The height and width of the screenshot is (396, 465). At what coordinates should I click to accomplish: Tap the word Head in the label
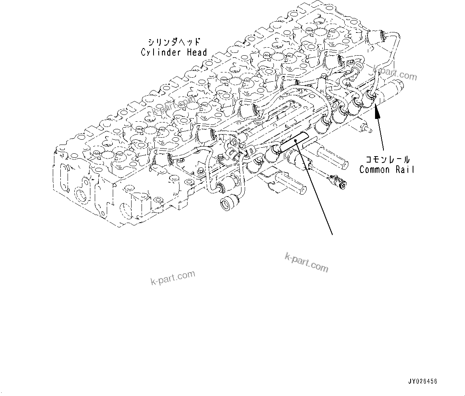[197, 52]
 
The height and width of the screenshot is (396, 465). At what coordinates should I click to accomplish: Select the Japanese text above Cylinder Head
[174, 42]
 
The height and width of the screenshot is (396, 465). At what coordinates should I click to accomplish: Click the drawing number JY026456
[422, 381]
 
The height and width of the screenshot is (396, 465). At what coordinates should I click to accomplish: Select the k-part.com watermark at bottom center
[306, 262]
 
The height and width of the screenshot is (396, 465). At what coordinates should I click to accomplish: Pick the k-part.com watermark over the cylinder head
[175, 106]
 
